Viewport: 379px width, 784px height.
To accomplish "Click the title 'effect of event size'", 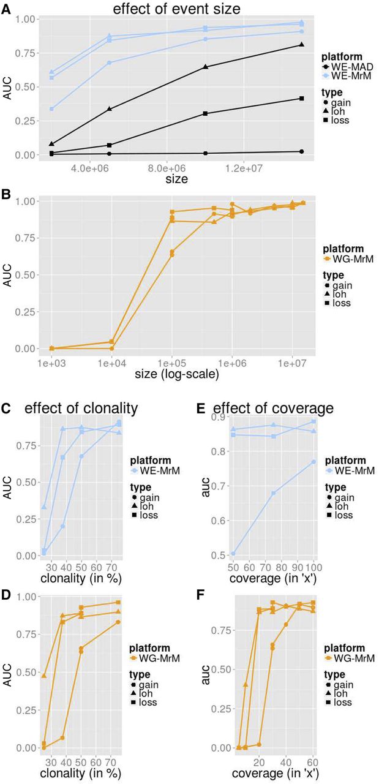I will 183,9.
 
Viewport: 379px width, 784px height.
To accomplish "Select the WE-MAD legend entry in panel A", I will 348,66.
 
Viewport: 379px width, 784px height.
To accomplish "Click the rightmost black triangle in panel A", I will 301,45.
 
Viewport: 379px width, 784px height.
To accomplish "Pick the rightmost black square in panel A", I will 301,99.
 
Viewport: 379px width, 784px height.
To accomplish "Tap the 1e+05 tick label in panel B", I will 172,361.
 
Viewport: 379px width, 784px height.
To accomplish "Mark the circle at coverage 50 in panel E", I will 233,554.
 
